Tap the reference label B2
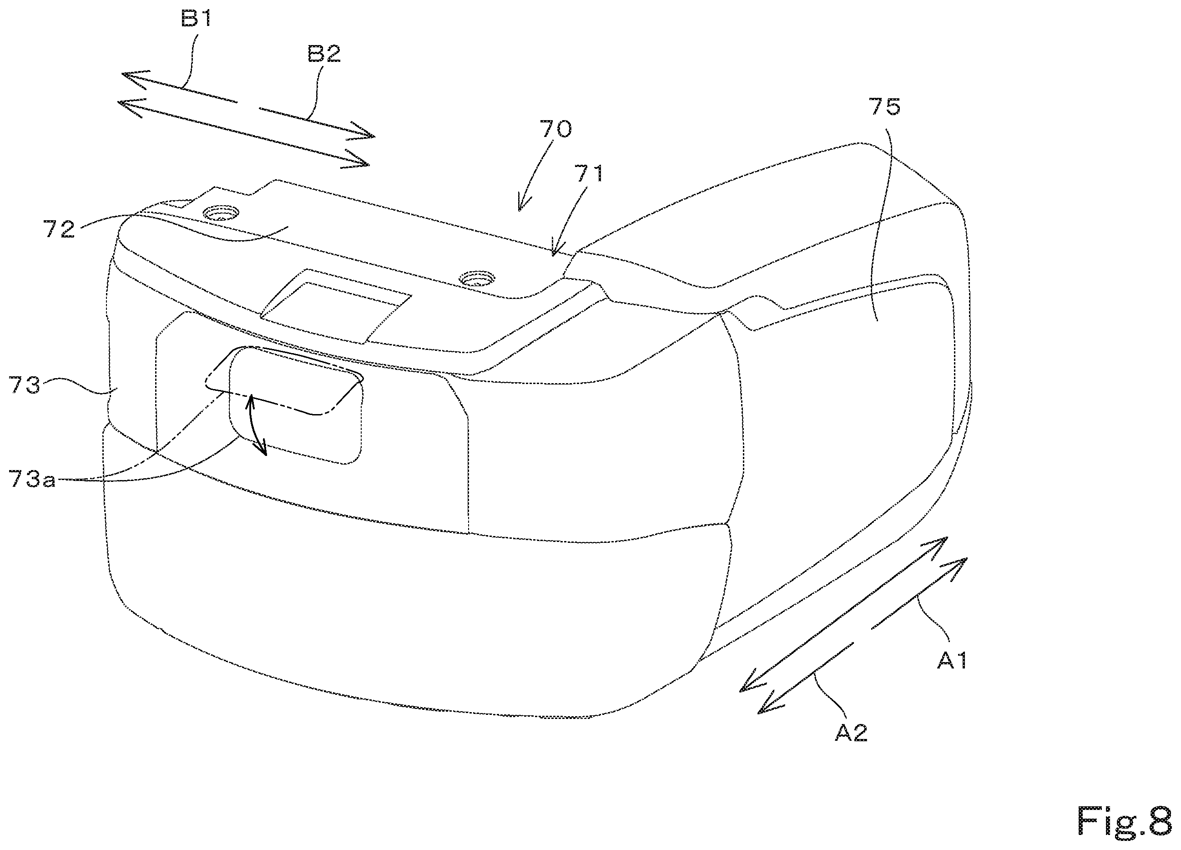(x=324, y=54)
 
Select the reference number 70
(x=555, y=129)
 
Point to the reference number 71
(x=589, y=173)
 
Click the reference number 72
(x=59, y=229)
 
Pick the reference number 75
(x=885, y=107)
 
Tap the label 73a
(x=32, y=479)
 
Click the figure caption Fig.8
(x=1124, y=821)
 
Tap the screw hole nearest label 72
(x=221, y=213)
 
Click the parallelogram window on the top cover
(x=336, y=306)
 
